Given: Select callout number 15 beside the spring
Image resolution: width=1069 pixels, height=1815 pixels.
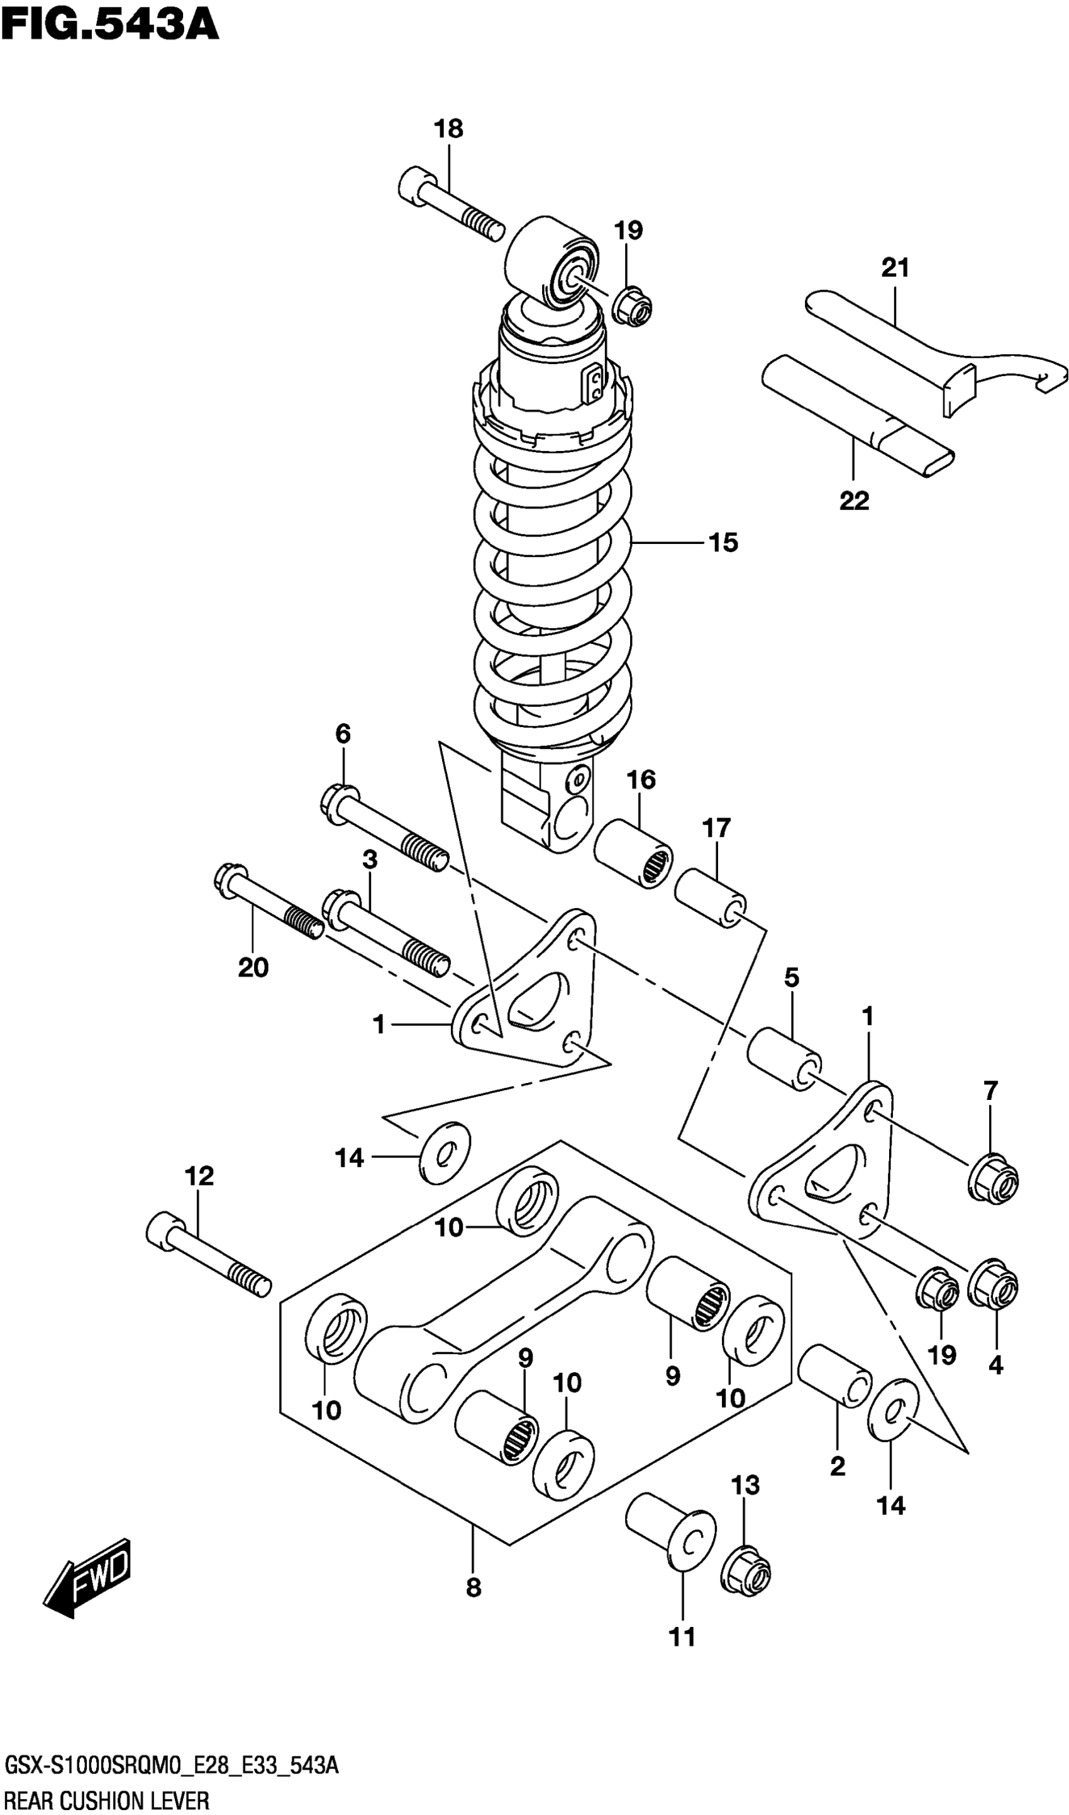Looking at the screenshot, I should (x=723, y=542).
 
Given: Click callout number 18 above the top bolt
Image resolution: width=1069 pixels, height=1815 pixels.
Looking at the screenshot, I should (x=448, y=130).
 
